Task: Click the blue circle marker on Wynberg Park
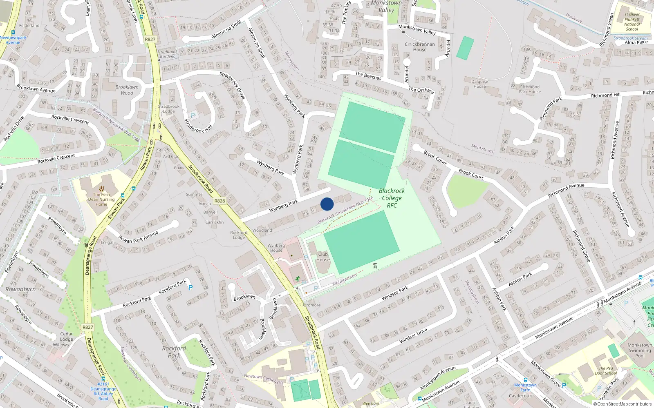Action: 327,204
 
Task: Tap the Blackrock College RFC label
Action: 392,198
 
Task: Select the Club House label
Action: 323,257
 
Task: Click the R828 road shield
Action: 219,201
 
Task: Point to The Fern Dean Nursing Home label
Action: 101,199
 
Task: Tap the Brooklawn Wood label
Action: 127,90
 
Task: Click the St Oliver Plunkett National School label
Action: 632,22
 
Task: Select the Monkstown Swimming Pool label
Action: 640,350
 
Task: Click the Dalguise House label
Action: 479,84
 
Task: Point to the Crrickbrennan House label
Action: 420,47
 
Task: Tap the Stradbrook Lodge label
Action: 169,109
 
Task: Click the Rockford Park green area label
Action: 174,352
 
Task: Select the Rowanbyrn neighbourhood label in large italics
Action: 20,289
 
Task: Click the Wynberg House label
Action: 276,248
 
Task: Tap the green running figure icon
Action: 298,279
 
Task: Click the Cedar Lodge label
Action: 67,336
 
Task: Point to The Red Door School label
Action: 606,370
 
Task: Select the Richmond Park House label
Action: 530,89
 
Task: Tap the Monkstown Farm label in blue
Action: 525,387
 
